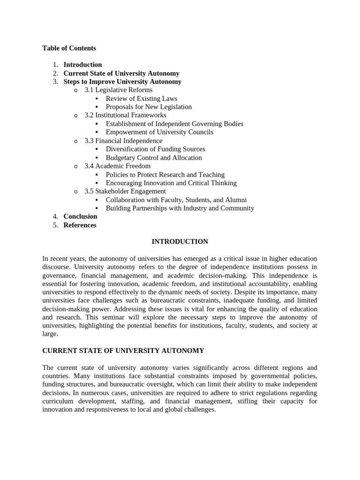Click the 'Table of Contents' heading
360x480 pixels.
point(69,48)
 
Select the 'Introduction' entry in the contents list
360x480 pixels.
point(82,65)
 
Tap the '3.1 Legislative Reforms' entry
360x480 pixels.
point(118,90)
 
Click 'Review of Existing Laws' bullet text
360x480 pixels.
point(141,98)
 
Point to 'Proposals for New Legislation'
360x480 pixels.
point(149,107)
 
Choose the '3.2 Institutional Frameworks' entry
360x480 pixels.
point(125,115)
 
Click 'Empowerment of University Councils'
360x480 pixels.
point(159,132)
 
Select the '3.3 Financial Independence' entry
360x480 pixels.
point(123,141)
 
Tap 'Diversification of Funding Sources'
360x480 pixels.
point(155,149)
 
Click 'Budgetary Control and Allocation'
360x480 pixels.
point(154,157)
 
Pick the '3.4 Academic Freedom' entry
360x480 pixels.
point(117,166)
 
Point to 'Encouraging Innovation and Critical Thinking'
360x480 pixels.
point(171,183)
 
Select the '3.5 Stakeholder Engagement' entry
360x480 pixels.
point(125,191)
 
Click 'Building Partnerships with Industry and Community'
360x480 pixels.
point(180,208)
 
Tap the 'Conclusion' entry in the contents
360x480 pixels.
point(80,217)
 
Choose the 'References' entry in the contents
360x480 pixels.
point(80,225)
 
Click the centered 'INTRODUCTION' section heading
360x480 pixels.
point(180,242)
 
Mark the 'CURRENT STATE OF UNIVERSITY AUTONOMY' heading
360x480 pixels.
point(123,351)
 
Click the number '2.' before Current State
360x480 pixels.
point(55,73)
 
